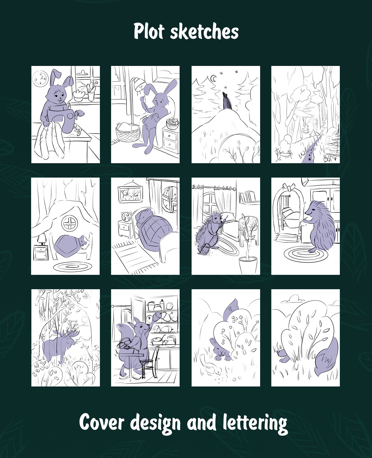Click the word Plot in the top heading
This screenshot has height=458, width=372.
tap(149, 31)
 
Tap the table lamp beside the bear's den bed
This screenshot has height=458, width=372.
tap(41, 240)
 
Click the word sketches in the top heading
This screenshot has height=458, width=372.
tap(204, 32)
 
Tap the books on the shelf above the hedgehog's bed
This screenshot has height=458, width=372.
tap(247, 198)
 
